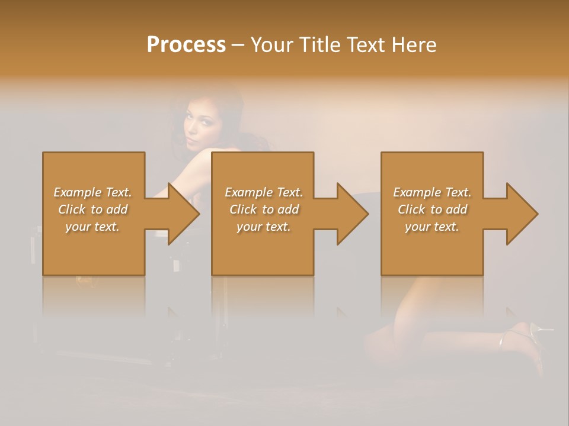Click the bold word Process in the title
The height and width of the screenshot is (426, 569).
(186, 45)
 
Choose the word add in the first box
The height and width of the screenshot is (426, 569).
(117, 209)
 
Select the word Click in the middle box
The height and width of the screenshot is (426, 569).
(244, 209)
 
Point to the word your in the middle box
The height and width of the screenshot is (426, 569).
(249, 227)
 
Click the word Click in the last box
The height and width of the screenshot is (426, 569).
(412, 209)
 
